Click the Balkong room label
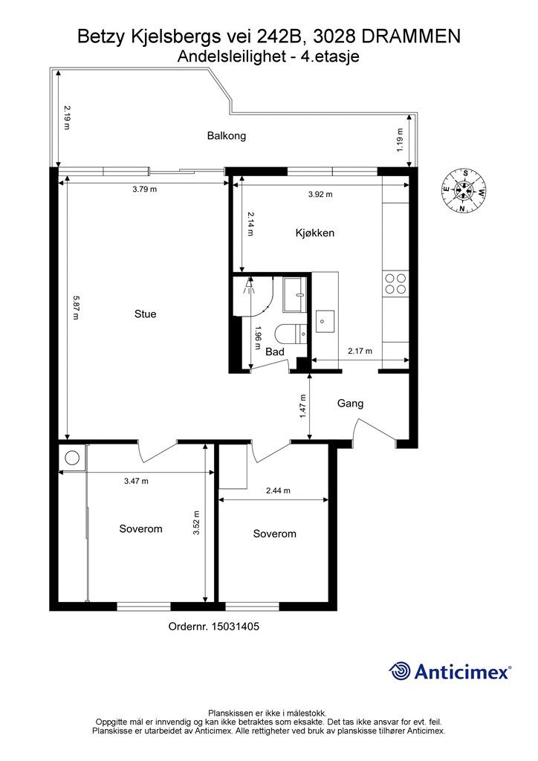pos(227,136)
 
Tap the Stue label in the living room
pos(145,314)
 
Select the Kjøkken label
pos(315,233)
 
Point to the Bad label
pos(275,352)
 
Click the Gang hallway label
pos(350,404)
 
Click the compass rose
pos(464,190)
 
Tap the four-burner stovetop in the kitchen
pos(395,284)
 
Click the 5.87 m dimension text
pos(75,308)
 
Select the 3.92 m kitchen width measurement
pos(320,195)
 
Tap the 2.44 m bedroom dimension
pos(278,490)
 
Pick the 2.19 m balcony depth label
pos(66,118)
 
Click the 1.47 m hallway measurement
pos(303,406)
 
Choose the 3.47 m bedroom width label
pos(136,481)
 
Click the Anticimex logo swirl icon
pos(400,671)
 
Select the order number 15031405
pos(235,626)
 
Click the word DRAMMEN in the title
pos(411,36)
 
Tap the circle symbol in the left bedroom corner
pos(72,458)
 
